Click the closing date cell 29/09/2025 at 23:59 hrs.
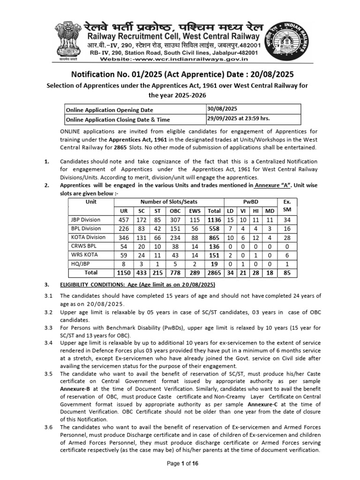point(239,118)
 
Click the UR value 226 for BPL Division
point(124,229)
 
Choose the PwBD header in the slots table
point(249,202)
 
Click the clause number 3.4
point(48,343)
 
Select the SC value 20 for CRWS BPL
point(142,246)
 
